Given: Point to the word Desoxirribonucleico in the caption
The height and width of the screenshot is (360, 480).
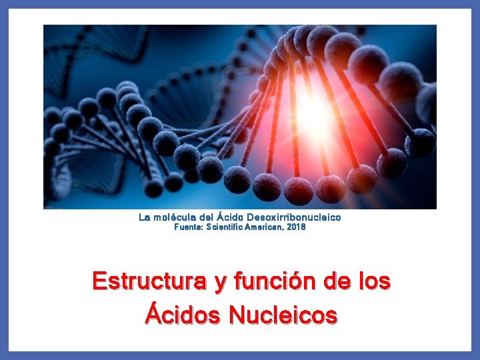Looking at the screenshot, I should coord(294,217).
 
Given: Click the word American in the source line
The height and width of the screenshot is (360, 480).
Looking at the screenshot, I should coord(266,227).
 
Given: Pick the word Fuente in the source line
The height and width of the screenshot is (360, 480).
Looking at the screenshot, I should coord(189,227).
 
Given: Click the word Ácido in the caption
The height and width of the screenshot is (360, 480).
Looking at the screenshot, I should coord(230,217).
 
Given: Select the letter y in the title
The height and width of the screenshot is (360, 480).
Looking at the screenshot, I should coord(220,283).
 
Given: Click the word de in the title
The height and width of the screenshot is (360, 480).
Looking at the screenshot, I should coord(341,281).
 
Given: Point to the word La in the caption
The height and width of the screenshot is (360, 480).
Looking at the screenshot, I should coord(145,217).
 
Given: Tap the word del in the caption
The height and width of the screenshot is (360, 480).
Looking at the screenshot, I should coord(207,217).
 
